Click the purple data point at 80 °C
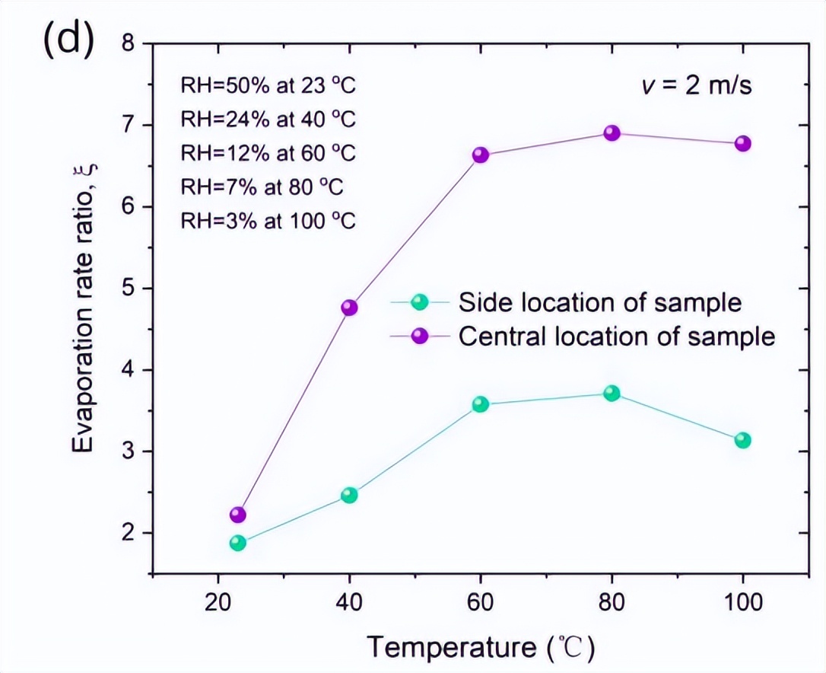[x=612, y=133]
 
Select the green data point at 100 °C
[x=743, y=440]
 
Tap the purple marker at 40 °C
[x=349, y=308]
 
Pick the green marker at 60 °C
[x=480, y=404]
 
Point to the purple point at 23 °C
[x=238, y=515]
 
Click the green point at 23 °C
[x=238, y=543]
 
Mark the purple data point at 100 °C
[x=743, y=143]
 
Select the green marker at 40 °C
[x=349, y=495]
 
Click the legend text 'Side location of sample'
[x=599, y=302]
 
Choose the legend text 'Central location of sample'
[x=616, y=336]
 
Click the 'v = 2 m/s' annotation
[x=695, y=85]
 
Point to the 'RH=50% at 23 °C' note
[x=268, y=85]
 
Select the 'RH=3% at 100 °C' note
[x=268, y=222]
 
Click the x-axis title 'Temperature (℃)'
[x=480, y=647]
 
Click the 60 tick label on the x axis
[x=480, y=602]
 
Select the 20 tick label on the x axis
[x=218, y=602]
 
